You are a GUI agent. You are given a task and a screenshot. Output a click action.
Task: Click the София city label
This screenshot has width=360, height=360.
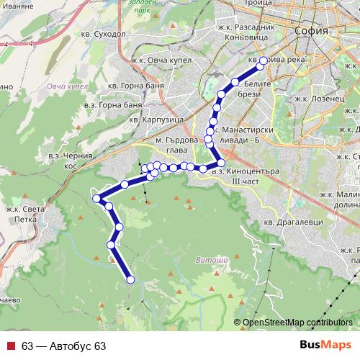312,32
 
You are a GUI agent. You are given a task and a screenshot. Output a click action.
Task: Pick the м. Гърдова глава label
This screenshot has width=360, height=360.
176,144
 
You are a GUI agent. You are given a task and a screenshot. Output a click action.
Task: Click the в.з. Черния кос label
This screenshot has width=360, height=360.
71,160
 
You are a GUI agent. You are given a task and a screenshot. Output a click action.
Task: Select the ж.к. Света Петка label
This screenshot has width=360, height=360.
26,215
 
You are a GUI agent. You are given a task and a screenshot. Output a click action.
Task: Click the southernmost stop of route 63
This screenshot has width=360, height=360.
130,279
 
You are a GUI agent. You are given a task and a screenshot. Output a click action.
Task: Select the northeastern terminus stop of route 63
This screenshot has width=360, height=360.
264,60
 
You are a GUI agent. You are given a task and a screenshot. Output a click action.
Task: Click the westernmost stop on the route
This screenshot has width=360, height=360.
95,198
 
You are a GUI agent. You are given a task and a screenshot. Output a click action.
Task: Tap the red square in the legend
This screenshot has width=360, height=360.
11,346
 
